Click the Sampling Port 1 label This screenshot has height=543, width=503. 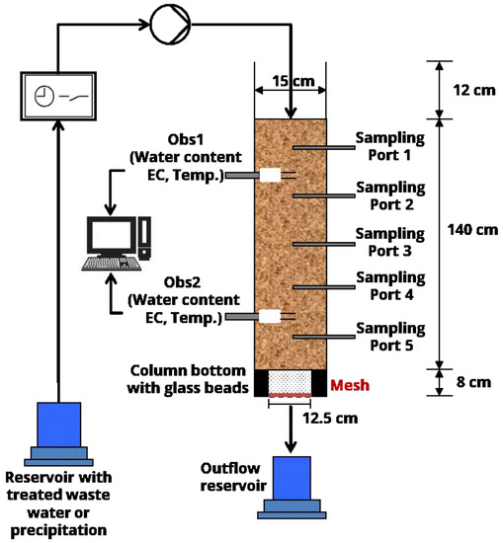click(x=390, y=146)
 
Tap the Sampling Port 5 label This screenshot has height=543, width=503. click(x=390, y=337)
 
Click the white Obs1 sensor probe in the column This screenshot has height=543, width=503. click(x=269, y=176)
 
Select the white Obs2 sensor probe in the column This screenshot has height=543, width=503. click(x=269, y=317)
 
